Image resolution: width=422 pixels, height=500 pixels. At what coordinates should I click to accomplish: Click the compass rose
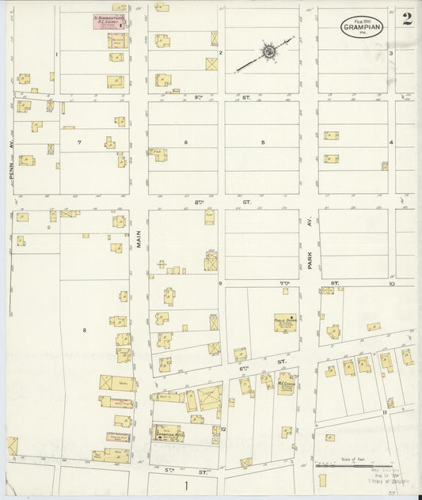[x=268, y=52]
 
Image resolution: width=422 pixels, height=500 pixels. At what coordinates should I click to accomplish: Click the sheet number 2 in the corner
[x=406, y=19]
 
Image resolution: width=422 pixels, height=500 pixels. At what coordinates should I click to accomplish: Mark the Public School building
[x=285, y=322]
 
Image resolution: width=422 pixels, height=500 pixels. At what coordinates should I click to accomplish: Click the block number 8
[x=84, y=328]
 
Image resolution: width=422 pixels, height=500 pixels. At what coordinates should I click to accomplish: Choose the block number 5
[x=262, y=142]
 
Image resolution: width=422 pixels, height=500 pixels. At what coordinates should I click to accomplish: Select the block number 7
[x=79, y=142]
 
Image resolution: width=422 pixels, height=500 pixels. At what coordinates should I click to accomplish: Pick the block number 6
[x=186, y=142]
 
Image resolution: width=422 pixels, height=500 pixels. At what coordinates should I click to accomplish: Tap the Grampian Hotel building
[x=166, y=433]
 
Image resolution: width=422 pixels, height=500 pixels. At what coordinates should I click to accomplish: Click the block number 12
[x=224, y=429]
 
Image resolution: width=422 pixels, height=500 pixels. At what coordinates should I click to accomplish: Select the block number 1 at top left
[x=57, y=54]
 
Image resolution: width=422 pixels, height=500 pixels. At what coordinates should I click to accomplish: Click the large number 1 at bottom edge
[x=187, y=484]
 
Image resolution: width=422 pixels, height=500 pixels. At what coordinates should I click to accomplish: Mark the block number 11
[x=385, y=412]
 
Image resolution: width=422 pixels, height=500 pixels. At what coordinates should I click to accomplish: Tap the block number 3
[x=391, y=53]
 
